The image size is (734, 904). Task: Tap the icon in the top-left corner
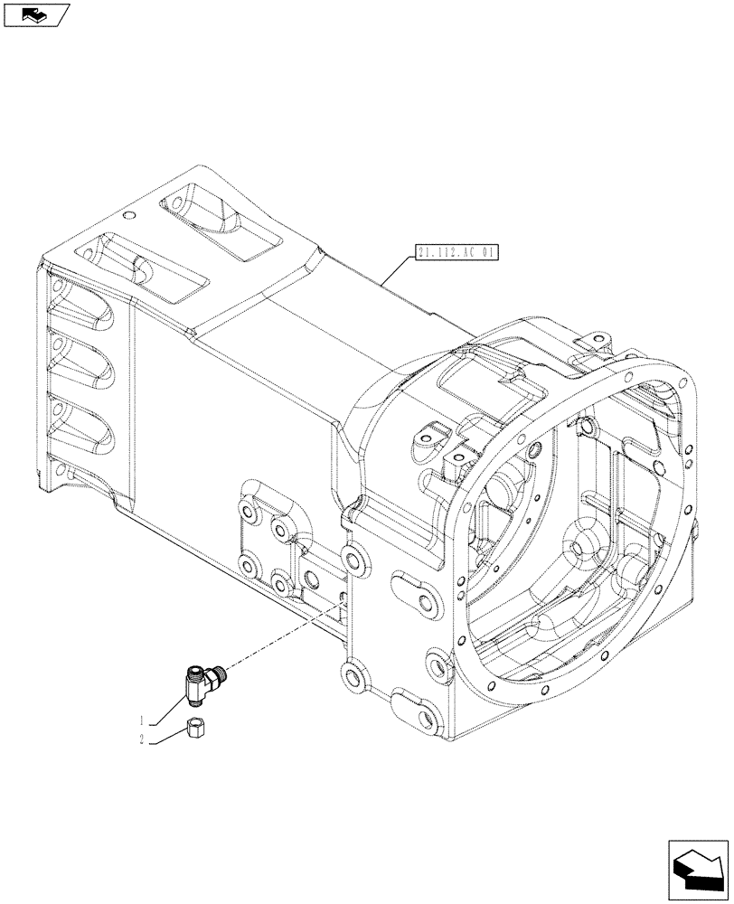click(35, 14)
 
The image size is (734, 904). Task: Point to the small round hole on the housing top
click(129, 215)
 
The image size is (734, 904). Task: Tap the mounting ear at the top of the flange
click(590, 342)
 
